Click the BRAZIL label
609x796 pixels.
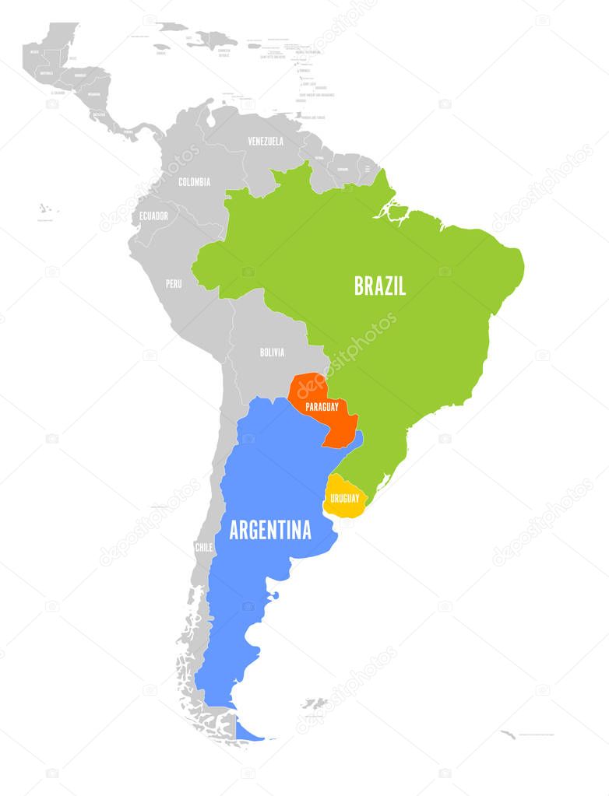[380, 286]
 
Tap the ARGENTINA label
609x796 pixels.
[269, 531]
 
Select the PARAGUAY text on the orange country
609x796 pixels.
[322, 407]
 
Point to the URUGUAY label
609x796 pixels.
[343, 498]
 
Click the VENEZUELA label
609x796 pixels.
[266, 142]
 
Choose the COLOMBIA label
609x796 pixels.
[194, 182]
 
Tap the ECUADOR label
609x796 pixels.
[153, 216]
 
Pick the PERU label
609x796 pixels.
[173, 284]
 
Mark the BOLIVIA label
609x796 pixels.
[272, 352]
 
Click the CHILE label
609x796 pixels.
[203, 547]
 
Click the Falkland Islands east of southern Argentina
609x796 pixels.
[315, 704]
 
